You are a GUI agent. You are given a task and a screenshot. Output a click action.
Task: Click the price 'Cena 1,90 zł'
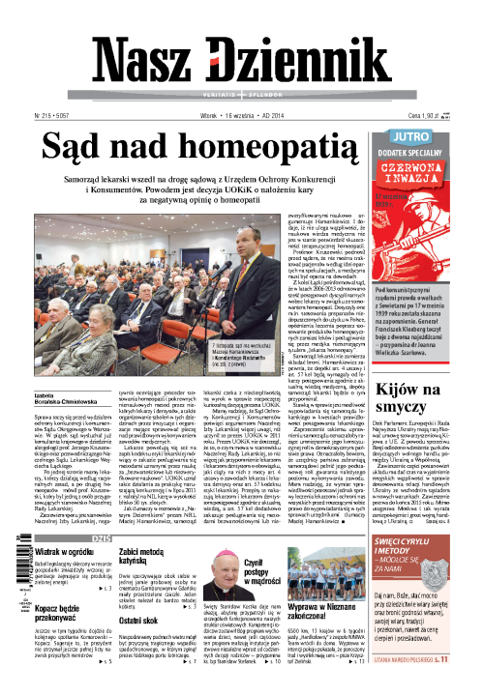(x=432, y=114)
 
